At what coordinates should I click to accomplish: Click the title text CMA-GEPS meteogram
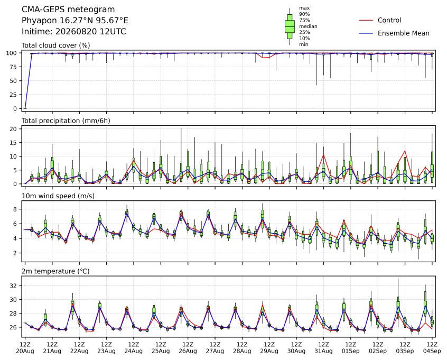click(68, 10)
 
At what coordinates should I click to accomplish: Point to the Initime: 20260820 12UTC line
click(74, 31)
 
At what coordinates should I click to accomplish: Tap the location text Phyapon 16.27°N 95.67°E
click(75, 21)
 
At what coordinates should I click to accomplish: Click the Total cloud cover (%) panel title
click(56, 45)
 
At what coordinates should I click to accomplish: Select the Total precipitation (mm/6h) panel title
click(66, 121)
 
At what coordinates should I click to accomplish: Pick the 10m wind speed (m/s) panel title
click(58, 196)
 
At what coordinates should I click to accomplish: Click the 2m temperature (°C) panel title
click(55, 271)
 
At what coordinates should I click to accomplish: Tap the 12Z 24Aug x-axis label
click(134, 348)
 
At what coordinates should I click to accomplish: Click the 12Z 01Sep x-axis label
click(351, 348)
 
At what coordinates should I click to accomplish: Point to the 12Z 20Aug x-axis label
click(25, 348)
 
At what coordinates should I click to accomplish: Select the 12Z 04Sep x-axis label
click(432, 348)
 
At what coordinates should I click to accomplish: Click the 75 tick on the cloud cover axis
click(13, 67)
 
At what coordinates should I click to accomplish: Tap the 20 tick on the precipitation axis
click(13, 129)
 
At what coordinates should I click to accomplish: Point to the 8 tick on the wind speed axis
click(15, 209)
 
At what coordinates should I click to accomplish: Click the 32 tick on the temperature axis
click(13, 286)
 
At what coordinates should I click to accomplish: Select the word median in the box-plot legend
click(308, 26)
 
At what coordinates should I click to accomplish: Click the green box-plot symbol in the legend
click(290, 26)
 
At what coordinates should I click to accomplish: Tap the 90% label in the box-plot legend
click(304, 14)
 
